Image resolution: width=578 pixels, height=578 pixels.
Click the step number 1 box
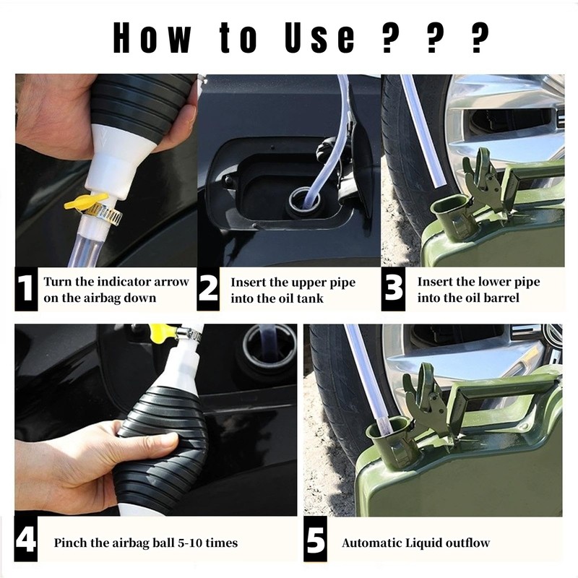pos(26,288)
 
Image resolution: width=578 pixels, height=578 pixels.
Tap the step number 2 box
pos(209,288)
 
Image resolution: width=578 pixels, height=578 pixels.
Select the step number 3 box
pos(393,288)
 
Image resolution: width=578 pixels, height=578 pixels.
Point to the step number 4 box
pos(26,538)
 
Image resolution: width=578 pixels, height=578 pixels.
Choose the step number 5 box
pos(316,538)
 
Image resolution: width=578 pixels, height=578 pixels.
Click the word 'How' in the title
pos(152,38)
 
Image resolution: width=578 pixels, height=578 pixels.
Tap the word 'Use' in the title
pos(319,38)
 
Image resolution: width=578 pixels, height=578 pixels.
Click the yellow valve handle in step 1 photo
pos(86,202)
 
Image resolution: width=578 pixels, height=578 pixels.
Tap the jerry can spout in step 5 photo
pos(387,439)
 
